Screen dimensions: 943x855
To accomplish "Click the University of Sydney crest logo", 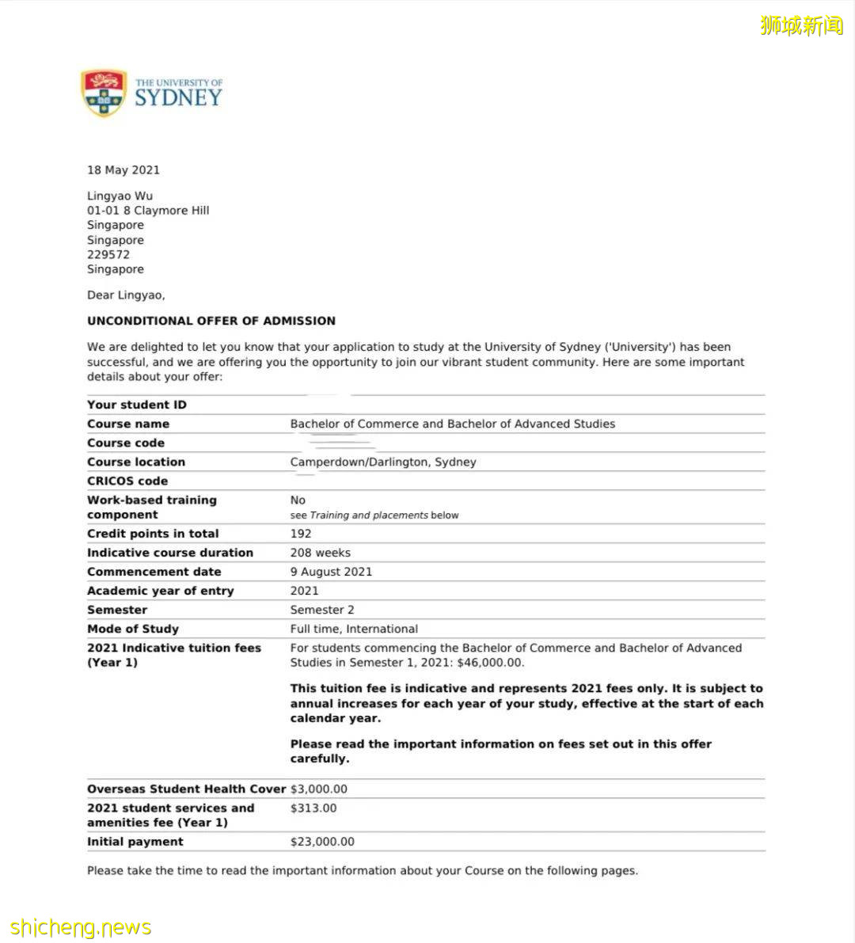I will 104,93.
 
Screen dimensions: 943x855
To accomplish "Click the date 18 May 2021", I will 123,170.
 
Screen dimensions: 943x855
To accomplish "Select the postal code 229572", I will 108,255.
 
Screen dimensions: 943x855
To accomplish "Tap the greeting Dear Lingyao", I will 126,295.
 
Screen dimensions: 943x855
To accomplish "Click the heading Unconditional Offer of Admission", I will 211,321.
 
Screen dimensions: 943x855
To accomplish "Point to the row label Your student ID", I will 137,405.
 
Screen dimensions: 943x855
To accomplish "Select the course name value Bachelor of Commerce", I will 452,424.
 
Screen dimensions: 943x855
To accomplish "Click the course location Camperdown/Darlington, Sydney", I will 383,462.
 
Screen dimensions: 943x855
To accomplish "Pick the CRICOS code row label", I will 127,481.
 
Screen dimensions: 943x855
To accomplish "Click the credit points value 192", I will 301,534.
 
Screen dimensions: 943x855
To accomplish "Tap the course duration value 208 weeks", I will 320,553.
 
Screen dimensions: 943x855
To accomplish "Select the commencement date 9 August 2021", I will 331,572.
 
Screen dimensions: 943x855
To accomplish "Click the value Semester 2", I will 322,610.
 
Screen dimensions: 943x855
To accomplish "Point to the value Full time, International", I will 354,629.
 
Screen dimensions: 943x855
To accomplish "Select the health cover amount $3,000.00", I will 318,789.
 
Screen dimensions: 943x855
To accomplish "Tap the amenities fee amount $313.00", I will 313,808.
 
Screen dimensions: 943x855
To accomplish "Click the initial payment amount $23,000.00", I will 322,842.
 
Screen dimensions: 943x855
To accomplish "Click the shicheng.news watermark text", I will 81,927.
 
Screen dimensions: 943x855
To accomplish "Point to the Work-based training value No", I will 298,500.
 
